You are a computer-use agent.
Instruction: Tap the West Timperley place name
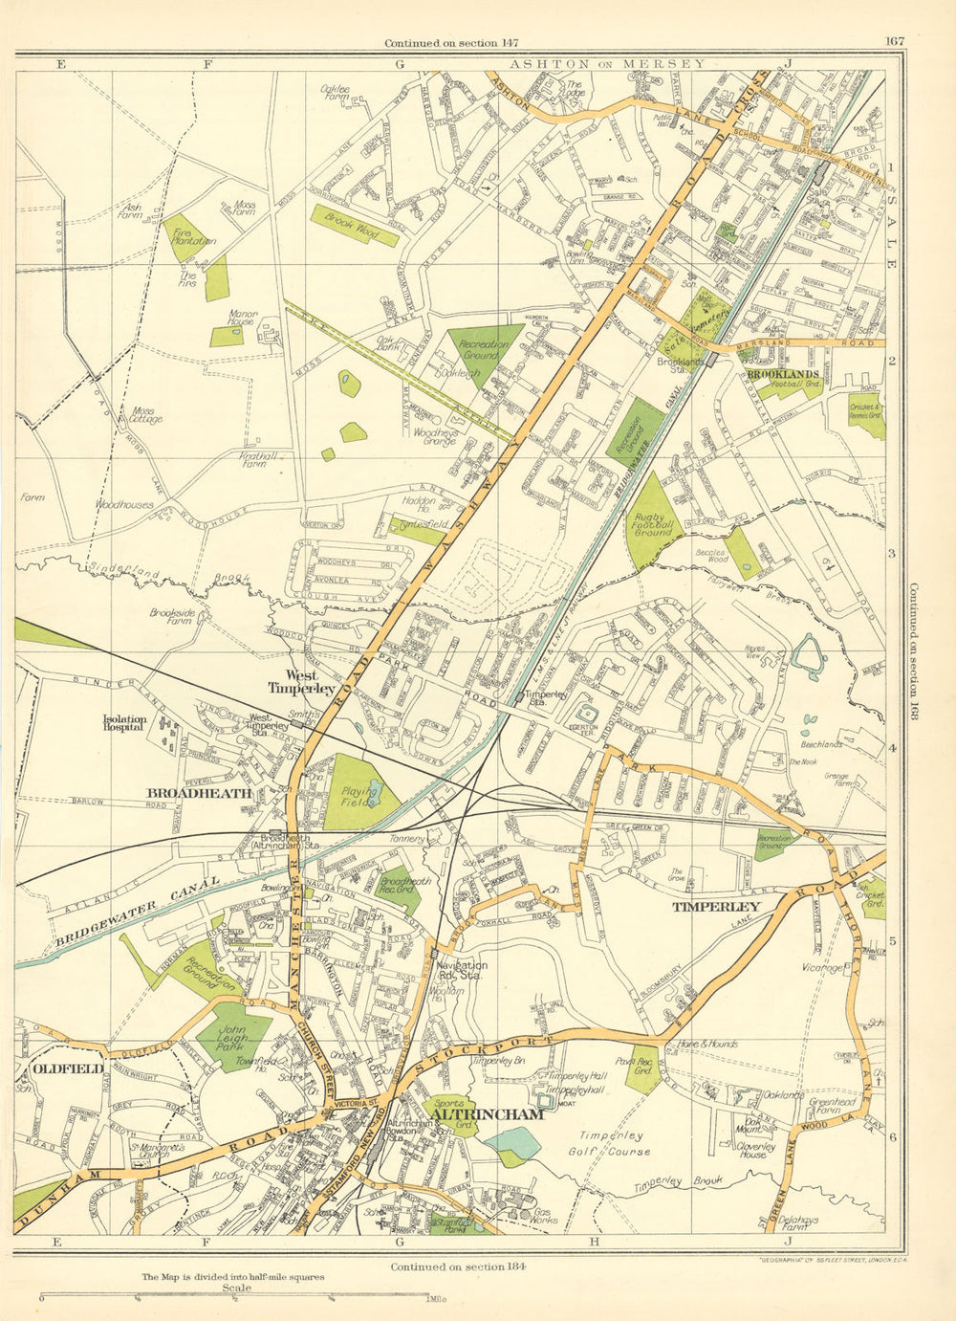click(x=301, y=682)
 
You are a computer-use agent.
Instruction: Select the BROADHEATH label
click(x=199, y=793)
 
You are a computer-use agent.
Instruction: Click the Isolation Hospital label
click(x=125, y=722)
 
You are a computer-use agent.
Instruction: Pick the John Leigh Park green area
click(x=231, y=1036)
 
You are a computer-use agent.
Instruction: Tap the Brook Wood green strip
click(x=354, y=225)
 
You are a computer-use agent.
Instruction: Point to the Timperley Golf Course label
click(x=610, y=1143)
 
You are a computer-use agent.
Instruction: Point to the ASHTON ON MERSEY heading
click(x=607, y=64)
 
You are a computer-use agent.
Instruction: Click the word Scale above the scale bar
click(x=236, y=1288)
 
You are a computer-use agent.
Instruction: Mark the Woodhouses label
click(x=123, y=504)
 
